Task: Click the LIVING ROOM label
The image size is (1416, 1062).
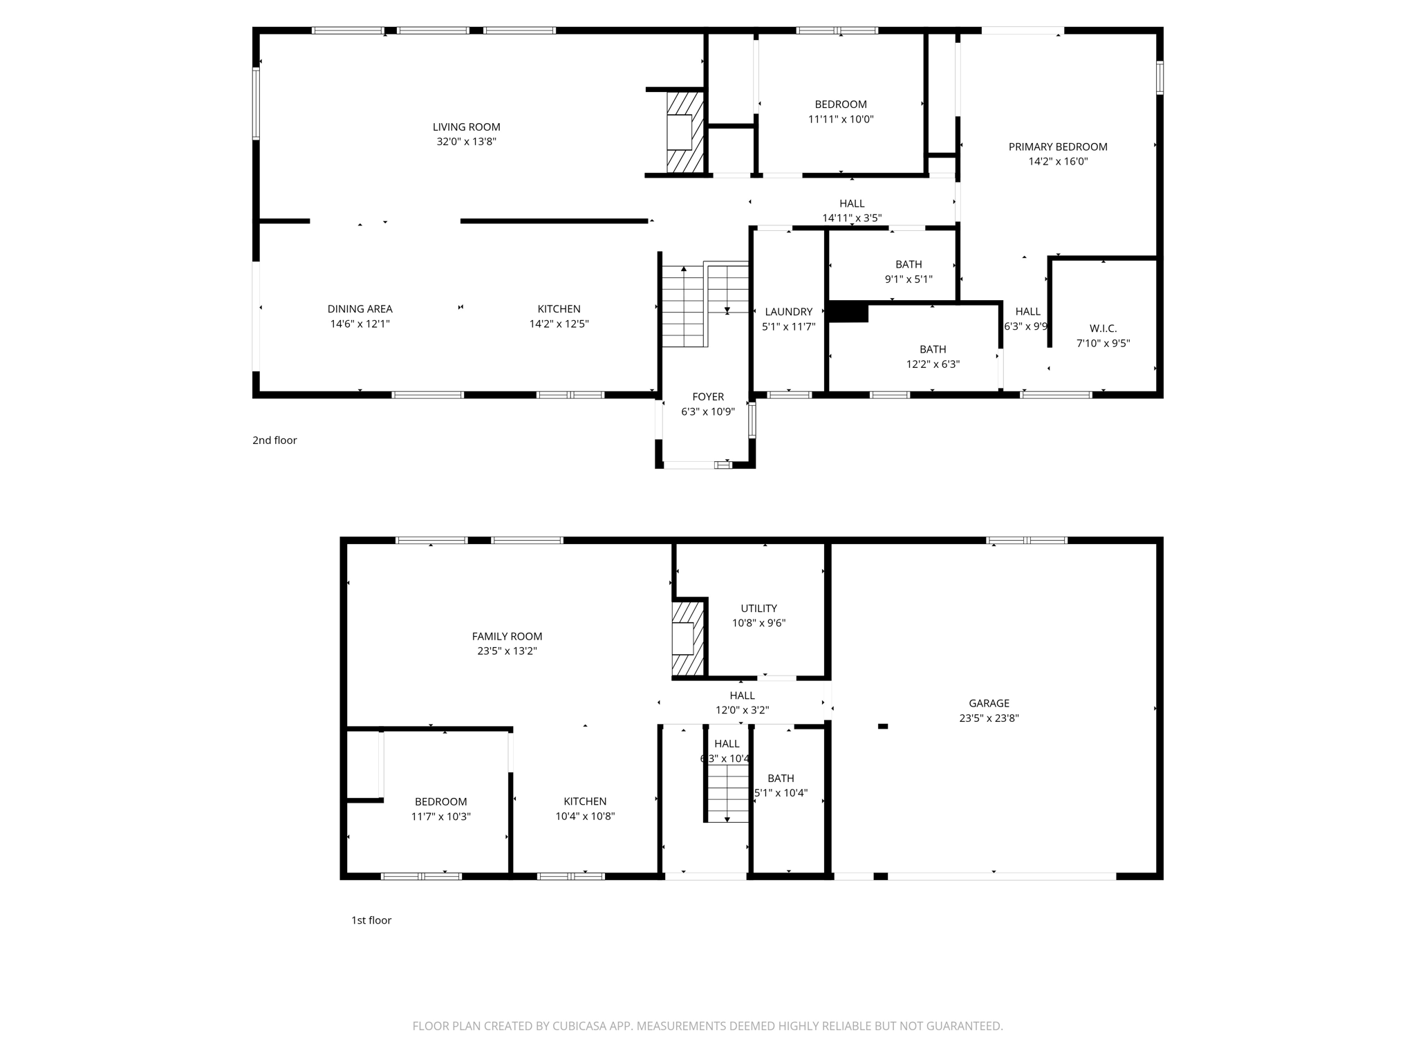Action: point(466,127)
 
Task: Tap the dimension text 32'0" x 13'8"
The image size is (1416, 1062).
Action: point(466,142)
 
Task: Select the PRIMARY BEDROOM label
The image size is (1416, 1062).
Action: point(1057,147)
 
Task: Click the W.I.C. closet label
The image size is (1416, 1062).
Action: point(1103,328)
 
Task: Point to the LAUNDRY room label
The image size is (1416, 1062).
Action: point(788,312)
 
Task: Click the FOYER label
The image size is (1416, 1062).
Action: point(708,397)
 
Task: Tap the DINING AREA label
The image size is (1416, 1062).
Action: point(360,309)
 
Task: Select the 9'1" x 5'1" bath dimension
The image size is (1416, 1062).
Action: point(909,279)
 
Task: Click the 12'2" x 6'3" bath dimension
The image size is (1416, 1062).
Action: point(933,364)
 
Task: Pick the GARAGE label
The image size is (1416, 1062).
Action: point(989,703)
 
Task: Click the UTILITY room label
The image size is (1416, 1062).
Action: point(758,608)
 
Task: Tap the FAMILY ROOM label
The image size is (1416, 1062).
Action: point(507,636)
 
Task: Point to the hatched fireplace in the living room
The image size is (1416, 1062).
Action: point(684,132)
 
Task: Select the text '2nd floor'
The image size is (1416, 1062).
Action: point(274,440)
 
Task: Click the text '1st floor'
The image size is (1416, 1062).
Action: point(371,920)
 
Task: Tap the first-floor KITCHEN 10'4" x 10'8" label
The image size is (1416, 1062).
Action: point(585,801)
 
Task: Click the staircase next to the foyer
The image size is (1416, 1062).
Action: point(704,304)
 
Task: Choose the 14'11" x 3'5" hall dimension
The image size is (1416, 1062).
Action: point(852,218)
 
